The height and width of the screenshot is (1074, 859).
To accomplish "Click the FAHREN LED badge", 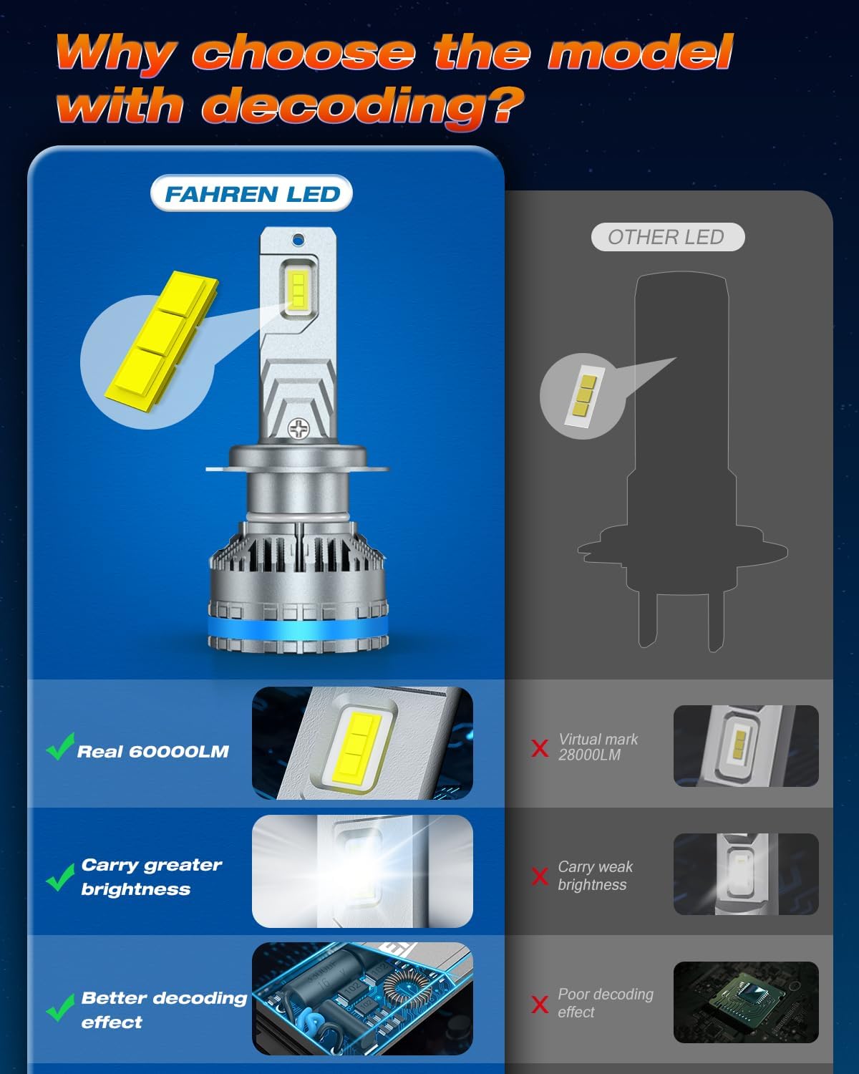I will click(252, 194).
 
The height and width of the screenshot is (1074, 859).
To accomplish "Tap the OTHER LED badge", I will click(667, 238).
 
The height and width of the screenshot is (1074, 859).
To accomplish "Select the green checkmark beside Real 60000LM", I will click(60, 747).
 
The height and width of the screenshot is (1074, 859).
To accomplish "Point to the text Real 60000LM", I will click(153, 752).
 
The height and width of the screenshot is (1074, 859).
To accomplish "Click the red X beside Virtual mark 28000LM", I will click(540, 748).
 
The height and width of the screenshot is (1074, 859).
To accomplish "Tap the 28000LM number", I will click(589, 755).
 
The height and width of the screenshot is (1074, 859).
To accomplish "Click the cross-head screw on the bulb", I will click(298, 429).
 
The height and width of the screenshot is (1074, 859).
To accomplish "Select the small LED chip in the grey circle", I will click(582, 395).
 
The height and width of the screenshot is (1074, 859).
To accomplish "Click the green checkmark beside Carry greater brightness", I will click(60, 878).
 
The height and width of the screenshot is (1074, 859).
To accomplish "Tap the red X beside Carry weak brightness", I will click(540, 876).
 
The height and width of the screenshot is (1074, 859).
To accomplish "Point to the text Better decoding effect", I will click(164, 1010).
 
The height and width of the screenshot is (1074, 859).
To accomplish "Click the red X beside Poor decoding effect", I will click(540, 1004).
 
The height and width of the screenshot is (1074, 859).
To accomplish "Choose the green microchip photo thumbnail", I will click(746, 1002).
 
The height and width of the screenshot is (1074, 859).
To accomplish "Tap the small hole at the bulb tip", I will click(299, 240).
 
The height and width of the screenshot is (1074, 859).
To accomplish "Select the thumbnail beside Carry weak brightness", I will click(746, 874).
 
